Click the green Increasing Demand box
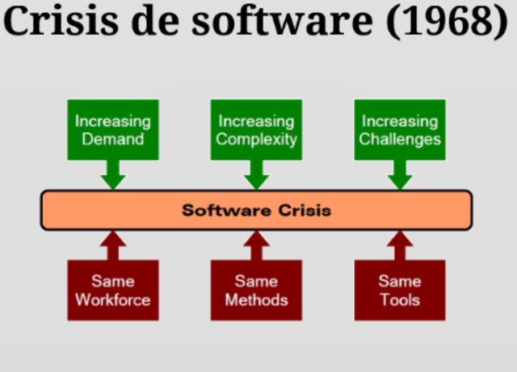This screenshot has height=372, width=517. pos(112,130)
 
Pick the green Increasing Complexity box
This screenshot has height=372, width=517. pos(256,130)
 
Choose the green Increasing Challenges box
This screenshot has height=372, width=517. pos(400,130)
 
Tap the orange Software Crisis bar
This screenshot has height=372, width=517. pos(256,211)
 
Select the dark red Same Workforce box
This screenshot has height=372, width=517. pos(112,290)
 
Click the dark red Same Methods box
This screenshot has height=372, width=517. pos(256,290)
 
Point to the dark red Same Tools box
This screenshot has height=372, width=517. pos(400,290)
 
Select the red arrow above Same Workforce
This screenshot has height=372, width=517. pos(112,245)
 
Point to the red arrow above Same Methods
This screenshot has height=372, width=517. pos(256,245)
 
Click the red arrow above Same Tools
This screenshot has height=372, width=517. pos(400,245)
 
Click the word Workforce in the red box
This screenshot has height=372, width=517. pos(112,300)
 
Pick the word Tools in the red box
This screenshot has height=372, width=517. pos(400,300)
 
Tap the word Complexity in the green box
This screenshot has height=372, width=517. pos(256,140)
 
